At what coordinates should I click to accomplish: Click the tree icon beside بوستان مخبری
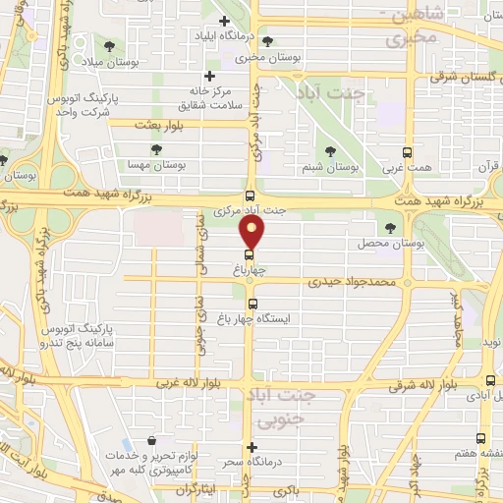[269, 42]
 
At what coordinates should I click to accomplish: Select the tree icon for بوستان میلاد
[107, 47]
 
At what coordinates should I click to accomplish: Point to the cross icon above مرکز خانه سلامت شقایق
[208, 77]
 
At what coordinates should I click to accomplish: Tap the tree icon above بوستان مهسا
[155, 147]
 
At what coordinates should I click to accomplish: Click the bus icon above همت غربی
[408, 152]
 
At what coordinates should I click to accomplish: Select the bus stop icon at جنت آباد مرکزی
[251, 196]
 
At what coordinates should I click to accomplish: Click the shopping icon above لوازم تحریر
[151, 441]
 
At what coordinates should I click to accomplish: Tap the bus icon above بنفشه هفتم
[480, 438]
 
